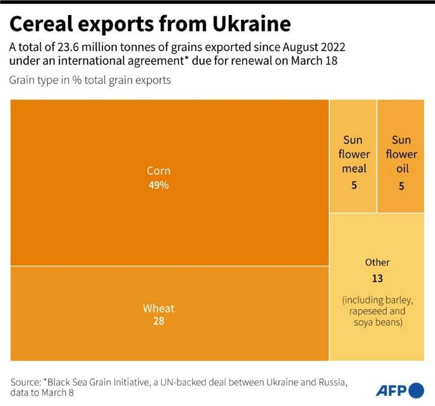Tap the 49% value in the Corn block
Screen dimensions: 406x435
[158, 185]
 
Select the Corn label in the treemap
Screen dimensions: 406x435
[158, 171]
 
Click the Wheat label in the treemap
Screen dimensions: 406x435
[158, 309]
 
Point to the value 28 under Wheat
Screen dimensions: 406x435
[158, 321]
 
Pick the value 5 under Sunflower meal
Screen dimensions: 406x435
[354, 186]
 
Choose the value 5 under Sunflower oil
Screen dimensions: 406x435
[401, 186]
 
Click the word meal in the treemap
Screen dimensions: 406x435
[354, 169]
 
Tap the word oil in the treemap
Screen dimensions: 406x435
[401, 169]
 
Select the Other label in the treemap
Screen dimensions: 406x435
[377, 262]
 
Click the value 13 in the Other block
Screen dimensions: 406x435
[377, 278]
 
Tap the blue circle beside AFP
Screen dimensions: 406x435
[416, 390]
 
